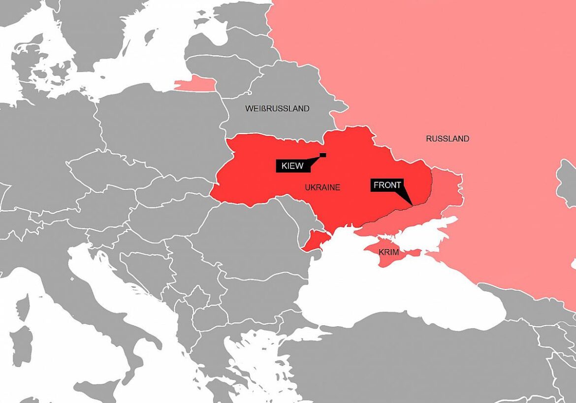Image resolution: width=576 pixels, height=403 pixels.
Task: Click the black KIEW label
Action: click(292, 166)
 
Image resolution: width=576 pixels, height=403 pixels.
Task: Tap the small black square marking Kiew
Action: click(323, 155)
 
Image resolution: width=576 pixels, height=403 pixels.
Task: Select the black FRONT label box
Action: click(387, 185)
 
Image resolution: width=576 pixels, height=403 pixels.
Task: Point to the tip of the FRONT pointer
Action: click(412, 204)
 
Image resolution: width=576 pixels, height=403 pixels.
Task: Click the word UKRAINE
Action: click(322, 187)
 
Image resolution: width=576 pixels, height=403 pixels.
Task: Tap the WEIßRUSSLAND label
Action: click(277, 108)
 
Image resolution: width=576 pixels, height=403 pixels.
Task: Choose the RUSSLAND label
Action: click(448, 139)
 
